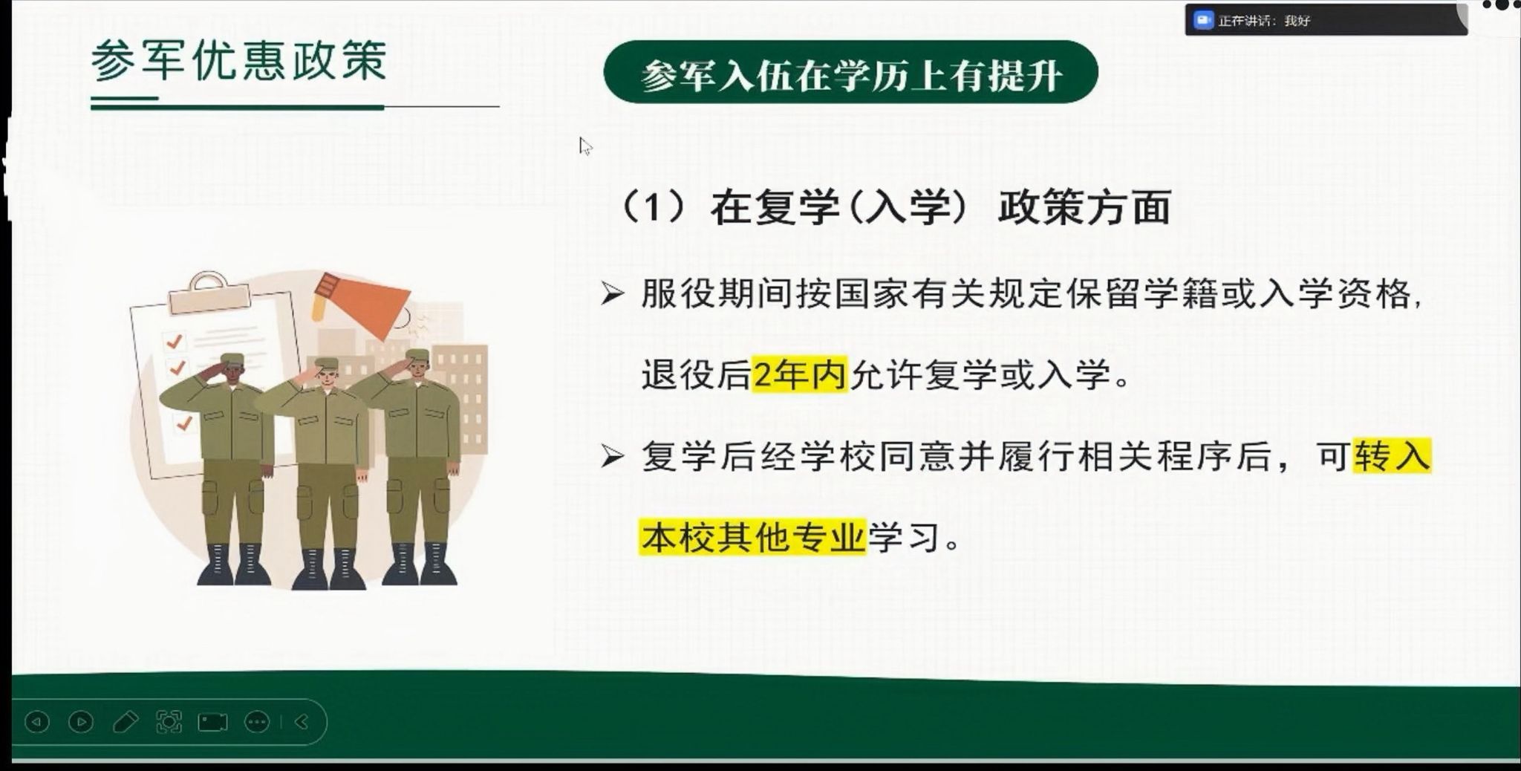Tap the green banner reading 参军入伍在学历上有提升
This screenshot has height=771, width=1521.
[x=850, y=72]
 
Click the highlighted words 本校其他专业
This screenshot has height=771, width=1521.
[x=753, y=536]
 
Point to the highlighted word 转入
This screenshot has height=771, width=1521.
[x=1392, y=455]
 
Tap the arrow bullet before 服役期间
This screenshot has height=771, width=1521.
[x=612, y=294]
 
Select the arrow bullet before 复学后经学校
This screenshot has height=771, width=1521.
[x=612, y=456]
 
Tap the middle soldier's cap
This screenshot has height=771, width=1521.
[x=327, y=364]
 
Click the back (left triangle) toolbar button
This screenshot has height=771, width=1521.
[x=37, y=721]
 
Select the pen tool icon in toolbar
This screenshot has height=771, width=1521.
[x=125, y=722]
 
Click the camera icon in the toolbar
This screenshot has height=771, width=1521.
[x=212, y=722]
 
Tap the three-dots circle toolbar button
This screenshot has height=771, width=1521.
[x=257, y=722]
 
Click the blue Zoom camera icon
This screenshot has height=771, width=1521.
[x=1202, y=20]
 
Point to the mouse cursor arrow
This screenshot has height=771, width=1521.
[x=585, y=146]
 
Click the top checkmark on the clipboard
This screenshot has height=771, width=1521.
[x=175, y=341]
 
